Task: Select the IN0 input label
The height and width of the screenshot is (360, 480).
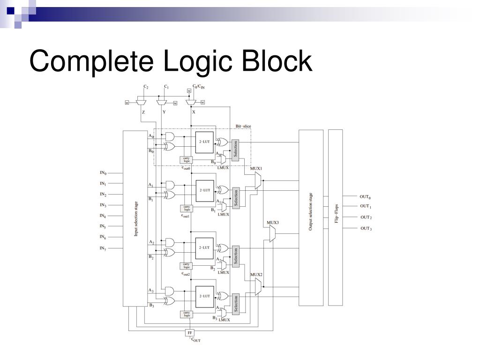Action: tap(103, 173)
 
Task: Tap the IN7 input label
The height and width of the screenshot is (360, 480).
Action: tap(103, 248)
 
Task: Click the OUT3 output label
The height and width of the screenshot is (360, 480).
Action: tap(366, 228)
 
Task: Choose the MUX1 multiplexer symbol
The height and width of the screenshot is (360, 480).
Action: tap(257, 180)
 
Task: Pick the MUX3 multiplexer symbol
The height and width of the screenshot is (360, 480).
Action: tap(272, 233)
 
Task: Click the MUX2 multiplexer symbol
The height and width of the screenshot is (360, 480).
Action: tap(257, 286)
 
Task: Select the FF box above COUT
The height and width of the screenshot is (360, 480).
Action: tap(190, 332)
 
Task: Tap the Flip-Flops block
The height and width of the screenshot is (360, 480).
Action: tap(336, 217)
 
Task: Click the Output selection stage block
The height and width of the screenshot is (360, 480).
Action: tap(311, 217)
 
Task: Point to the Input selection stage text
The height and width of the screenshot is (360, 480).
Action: tap(136, 218)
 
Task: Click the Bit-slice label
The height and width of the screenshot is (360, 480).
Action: tap(243, 126)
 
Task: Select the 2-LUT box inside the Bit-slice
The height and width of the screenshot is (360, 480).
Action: tap(204, 141)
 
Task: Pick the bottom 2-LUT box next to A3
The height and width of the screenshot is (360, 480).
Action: tap(204, 296)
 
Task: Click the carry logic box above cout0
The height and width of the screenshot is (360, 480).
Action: tap(187, 160)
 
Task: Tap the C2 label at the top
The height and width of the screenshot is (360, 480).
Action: tap(146, 87)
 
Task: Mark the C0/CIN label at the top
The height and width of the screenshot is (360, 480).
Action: tap(199, 87)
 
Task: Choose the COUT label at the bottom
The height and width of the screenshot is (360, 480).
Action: tap(196, 340)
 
